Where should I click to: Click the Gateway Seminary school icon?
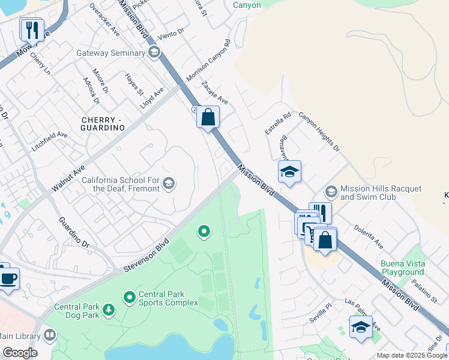(x=154, y=53)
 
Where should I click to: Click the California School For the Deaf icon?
(x=169, y=184)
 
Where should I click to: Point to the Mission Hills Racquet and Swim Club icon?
(x=330, y=192)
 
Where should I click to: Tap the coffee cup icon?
(x=8, y=278)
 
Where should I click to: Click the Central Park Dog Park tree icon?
(x=109, y=310)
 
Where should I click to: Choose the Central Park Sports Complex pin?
(x=129, y=297)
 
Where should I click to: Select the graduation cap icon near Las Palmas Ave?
(x=360, y=327)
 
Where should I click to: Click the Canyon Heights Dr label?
(x=319, y=132)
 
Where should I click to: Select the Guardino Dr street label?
(x=74, y=232)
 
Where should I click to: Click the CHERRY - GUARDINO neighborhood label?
(x=102, y=124)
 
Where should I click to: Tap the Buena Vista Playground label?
(x=402, y=268)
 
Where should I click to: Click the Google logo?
(x=20, y=353)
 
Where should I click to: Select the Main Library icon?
(x=50, y=335)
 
